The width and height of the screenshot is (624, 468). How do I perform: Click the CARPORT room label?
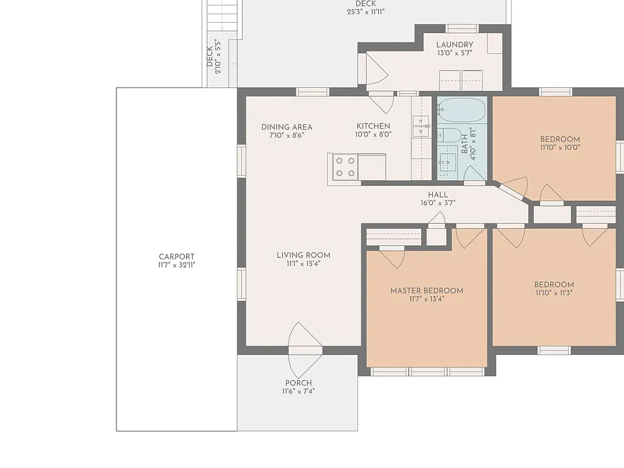[x=176, y=257]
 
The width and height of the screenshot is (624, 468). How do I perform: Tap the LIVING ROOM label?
[x=304, y=255]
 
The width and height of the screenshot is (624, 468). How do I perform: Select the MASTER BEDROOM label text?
[x=426, y=291]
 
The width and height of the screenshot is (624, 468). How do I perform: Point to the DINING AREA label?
[x=287, y=127]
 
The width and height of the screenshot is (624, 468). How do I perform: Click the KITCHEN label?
[x=373, y=125]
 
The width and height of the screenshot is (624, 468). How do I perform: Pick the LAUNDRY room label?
[x=454, y=45]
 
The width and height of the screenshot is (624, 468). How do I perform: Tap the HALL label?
[x=437, y=194]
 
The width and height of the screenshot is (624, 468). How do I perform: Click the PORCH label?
[x=298, y=383]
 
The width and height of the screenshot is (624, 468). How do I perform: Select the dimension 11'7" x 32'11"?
[x=176, y=265]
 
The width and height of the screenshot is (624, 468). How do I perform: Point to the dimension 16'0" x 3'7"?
[x=437, y=203]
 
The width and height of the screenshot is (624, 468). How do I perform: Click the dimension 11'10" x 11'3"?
[x=554, y=293]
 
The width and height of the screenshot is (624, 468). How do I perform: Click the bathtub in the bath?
[x=462, y=110]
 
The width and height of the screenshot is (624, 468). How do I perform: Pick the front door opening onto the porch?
[x=305, y=350]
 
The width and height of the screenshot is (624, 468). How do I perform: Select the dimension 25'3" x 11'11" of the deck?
[x=366, y=12]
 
